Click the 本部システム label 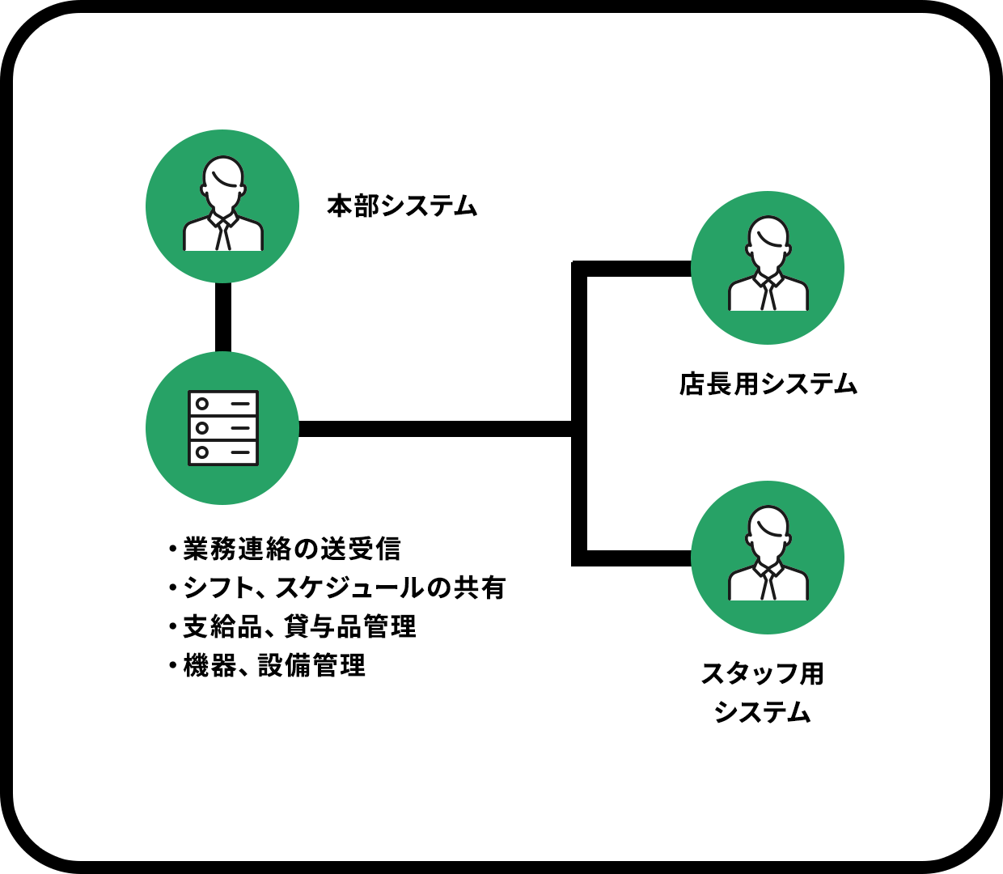(x=402, y=206)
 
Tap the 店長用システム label (x=768, y=384)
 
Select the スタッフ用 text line (x=762, y=673)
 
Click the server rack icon (x=222, y=428)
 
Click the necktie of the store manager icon (x=768, y=295)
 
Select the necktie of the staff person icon (x=768, y=585)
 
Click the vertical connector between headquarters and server (x=222, y=317)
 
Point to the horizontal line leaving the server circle (x=429, y=429)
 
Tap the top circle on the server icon (x=202, y=404)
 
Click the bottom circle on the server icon (x=202, y=452)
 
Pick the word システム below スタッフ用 (x=762, y=712)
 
